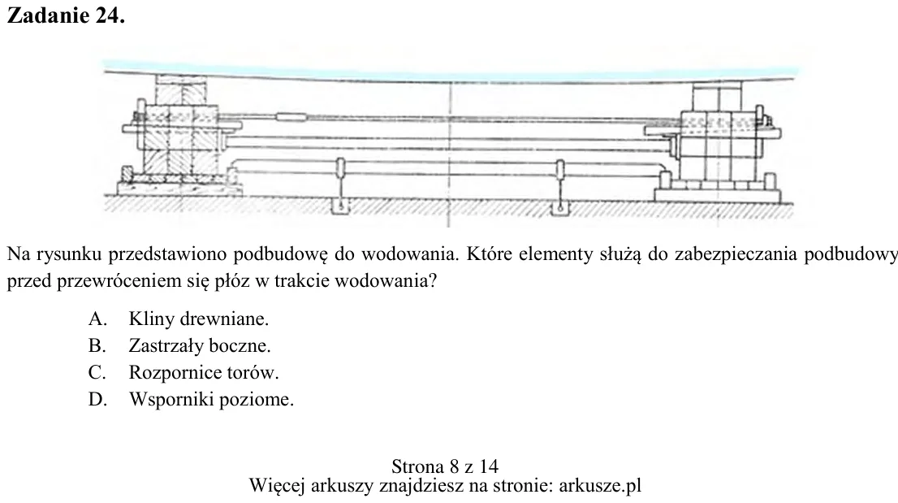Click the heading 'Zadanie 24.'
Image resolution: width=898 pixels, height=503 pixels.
point(66,15)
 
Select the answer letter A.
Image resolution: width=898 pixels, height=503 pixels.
point(97,319)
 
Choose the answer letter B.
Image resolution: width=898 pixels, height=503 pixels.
point(97,345)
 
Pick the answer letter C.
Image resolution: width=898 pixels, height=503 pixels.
point(97,372)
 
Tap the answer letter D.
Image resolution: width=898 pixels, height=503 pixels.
point(97,399)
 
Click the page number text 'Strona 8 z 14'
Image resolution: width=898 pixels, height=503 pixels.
point(445,466)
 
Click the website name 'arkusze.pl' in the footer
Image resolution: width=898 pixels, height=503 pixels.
point(600,485)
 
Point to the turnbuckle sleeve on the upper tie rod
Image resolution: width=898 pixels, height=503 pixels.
point(291,118)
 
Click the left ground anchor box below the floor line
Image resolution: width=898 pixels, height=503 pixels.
point(341,207)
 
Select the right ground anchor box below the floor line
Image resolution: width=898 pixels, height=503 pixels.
point(559,208)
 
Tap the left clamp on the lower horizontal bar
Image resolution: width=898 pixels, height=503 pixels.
point(340,169)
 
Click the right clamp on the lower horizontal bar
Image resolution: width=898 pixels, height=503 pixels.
point(559,170)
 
